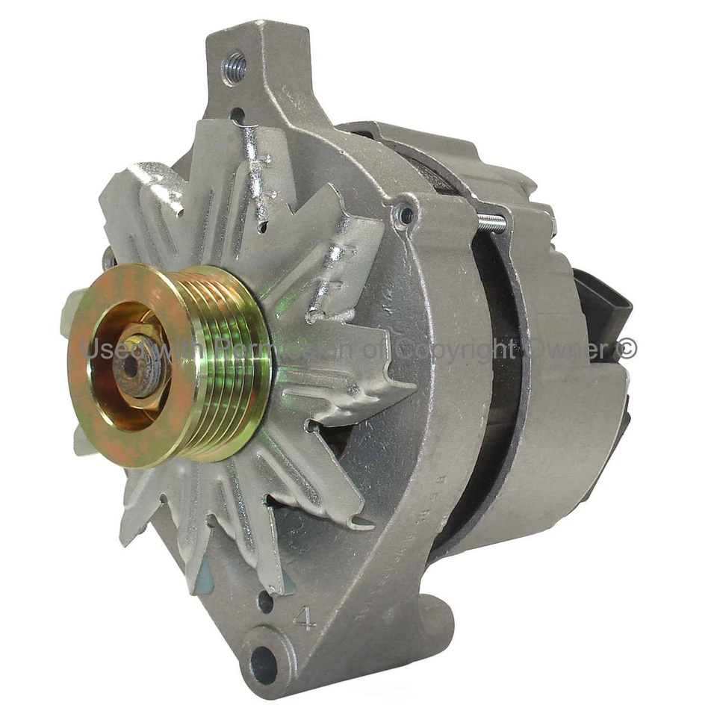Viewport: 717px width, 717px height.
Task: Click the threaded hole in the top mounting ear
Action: [235, 68]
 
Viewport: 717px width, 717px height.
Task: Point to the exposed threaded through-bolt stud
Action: [491, 221]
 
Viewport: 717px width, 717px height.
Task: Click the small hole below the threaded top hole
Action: [237, 114]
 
